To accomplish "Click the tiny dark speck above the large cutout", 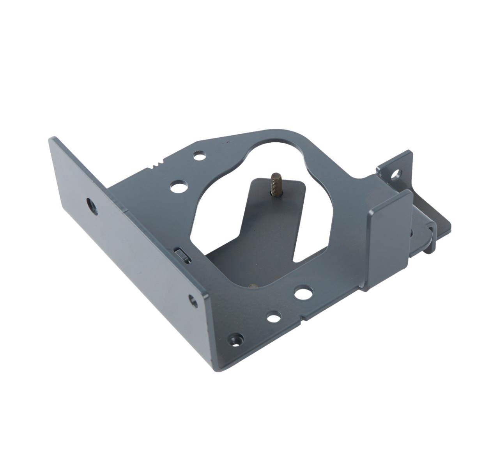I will [225, 143].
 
